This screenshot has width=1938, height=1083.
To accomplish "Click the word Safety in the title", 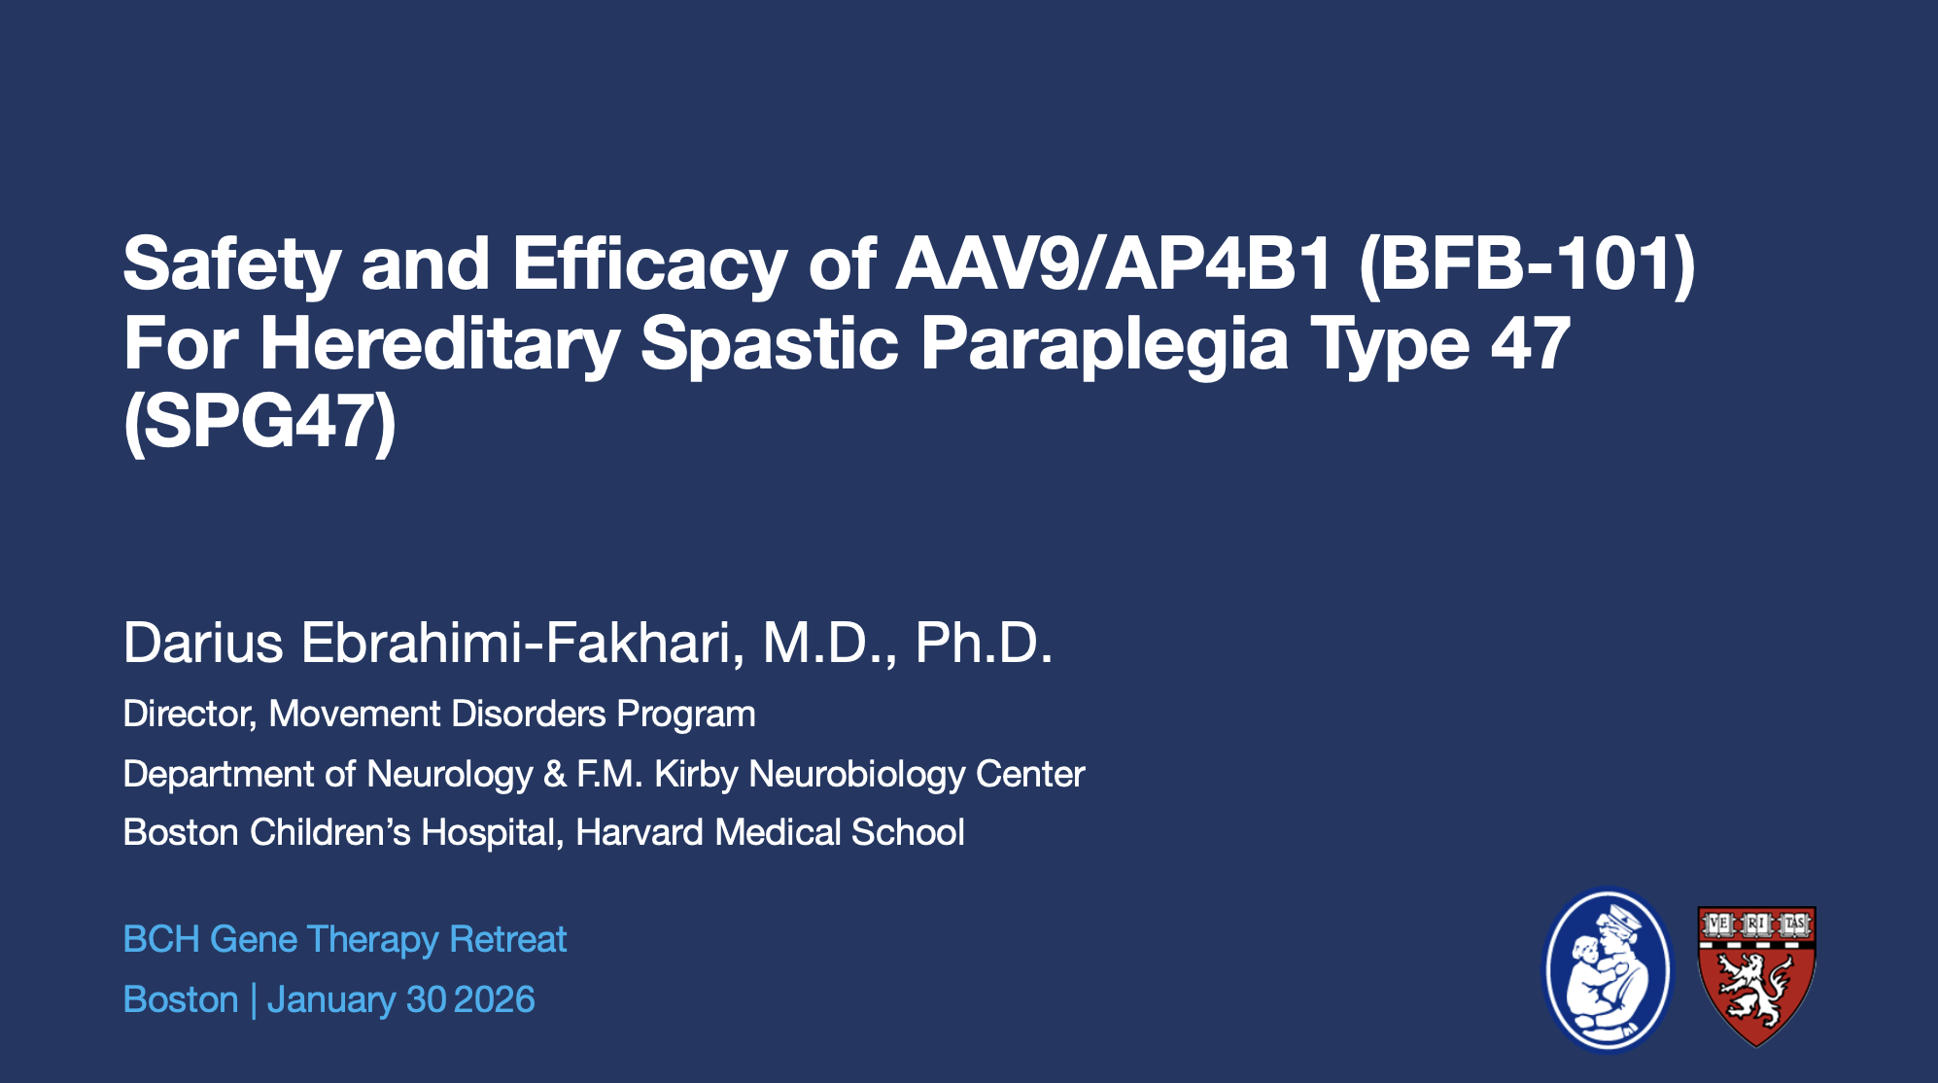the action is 232,265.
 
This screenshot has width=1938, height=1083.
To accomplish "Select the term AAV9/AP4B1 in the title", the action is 1114,263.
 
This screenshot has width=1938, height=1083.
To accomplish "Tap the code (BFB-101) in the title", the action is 1527,265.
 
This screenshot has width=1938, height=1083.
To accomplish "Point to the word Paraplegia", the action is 1104,345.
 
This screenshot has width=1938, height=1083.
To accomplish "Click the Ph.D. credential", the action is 984,643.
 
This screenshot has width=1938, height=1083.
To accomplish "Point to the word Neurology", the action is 450,775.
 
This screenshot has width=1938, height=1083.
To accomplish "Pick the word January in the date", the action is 330,1000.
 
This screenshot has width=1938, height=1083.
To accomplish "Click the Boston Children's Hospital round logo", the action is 1609,970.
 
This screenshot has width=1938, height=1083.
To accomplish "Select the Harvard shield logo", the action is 1756,976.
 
